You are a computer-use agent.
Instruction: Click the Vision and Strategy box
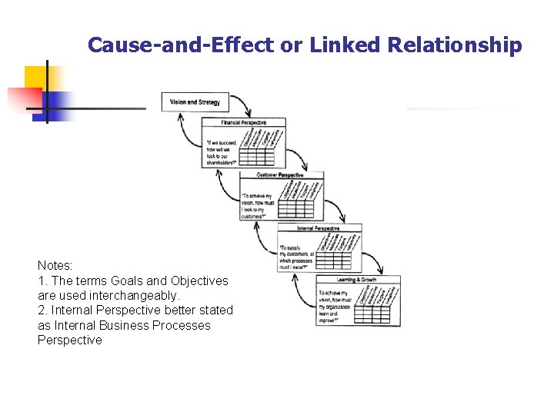[x=195, y=101]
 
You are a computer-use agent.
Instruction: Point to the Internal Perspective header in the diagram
[x=319, y=229]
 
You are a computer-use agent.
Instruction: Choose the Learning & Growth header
[x=357, y=280]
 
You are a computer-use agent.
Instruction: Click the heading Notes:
[x=55, y=265]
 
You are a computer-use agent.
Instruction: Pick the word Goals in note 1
[x=128, y=281]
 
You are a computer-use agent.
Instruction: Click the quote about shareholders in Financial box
[x=222, y=152]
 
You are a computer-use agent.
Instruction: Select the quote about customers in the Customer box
[x=259, y=206]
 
